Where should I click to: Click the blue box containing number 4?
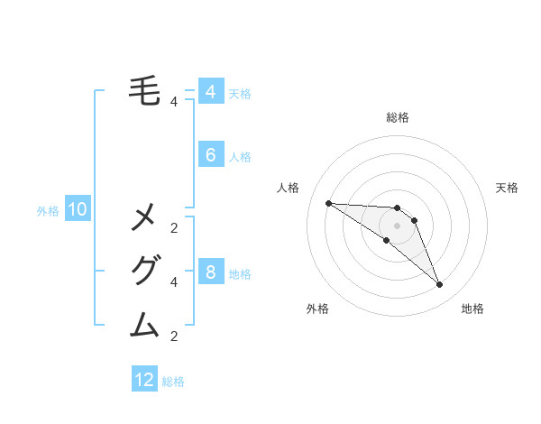210,92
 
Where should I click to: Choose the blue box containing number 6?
210,155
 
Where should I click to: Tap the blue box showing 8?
210,272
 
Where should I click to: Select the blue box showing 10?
78,210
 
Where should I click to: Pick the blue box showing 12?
144,380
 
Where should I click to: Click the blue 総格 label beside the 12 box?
173,382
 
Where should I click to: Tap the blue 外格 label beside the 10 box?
48,211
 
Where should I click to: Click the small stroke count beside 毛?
173,102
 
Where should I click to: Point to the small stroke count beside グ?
173,282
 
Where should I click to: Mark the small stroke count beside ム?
173,336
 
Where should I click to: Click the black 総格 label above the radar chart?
397,117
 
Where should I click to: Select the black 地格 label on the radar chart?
472,309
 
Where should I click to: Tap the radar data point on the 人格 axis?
328,203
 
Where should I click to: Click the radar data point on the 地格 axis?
439,285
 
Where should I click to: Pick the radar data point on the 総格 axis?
397,208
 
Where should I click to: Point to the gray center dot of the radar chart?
397,225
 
